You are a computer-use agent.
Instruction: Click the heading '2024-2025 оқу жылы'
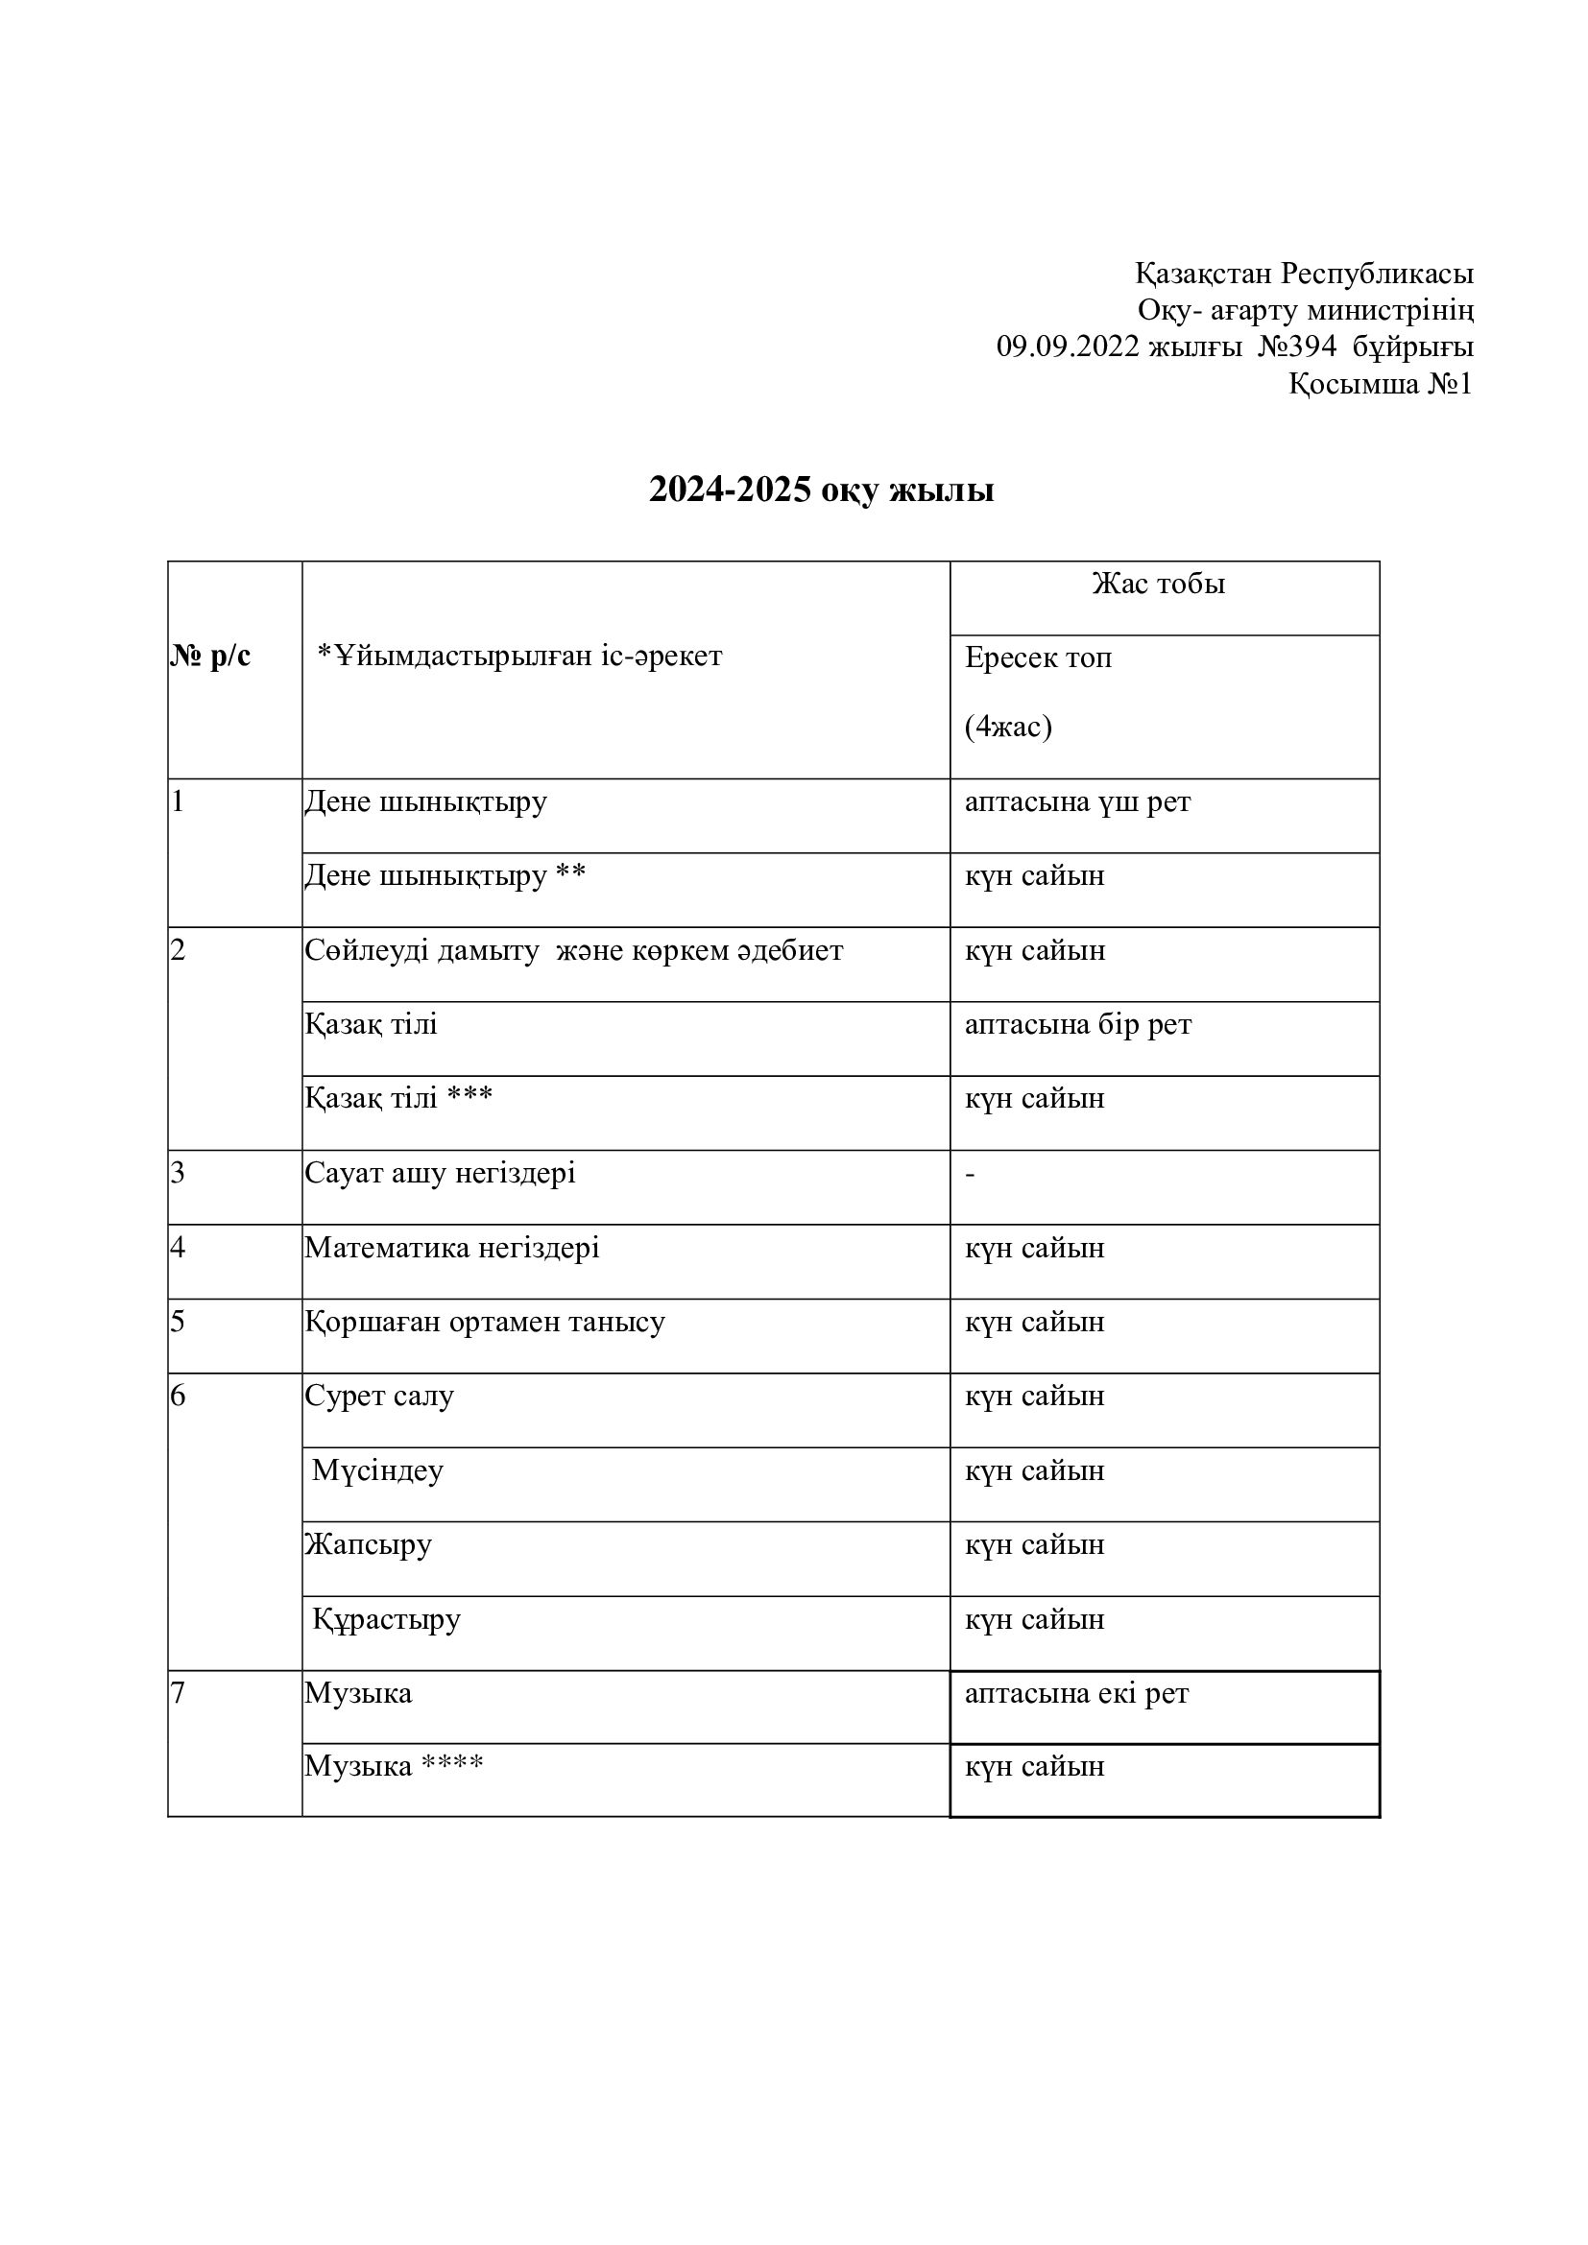[822, 490]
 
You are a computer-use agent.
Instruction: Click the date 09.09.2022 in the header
[1067, 347]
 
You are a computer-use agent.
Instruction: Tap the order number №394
[1295, 347]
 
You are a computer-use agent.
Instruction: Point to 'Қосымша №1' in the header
[1380, 384]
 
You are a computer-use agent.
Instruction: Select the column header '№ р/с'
[210, 657]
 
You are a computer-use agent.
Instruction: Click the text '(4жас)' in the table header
[1008, 728]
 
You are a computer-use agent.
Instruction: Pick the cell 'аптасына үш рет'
[1077, 801]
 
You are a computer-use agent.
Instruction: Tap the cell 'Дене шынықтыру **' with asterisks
[445, 875]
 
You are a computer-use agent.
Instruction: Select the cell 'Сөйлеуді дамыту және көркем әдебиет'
[574, 950]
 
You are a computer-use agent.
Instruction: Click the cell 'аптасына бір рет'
[1077, 1025]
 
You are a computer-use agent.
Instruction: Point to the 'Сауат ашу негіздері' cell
[440, 1173]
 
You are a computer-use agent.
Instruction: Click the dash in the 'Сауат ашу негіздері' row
[970, 1173]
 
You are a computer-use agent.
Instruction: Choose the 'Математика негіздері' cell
[452, 1249]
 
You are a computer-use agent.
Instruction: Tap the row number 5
[177, 1322]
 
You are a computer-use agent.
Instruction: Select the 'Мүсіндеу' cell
[377, 1470]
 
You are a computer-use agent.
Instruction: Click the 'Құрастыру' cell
[386, 1620]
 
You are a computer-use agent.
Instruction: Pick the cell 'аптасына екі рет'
[1076, 1693]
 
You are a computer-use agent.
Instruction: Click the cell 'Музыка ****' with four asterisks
[394, 1766]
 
